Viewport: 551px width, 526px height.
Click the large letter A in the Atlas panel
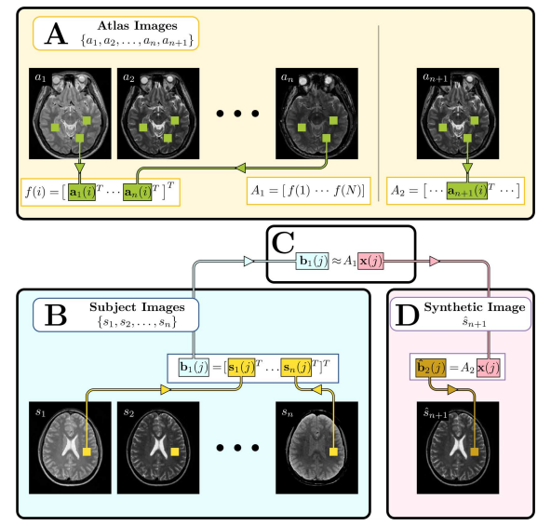[x=56, y=34]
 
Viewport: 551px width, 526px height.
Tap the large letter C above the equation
[x=283, y=242]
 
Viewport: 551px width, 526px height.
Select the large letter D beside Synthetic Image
[x=408, y=315]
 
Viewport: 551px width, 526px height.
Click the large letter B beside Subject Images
[x=56, y=315]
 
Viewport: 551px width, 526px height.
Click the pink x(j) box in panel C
[x=370, y=262]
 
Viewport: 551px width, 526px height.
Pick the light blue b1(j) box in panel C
[x=313, y=262]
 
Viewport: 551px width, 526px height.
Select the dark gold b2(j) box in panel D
[x=431, y=368]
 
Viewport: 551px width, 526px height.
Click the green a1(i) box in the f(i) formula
[x=82, y=192]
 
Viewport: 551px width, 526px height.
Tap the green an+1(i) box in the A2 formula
[x=467, y=191]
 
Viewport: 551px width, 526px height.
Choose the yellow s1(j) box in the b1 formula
[x=241, y=368]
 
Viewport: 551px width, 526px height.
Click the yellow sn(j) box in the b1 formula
[x=296, y=368]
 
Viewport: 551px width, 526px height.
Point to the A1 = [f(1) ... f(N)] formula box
[x=308, y=191]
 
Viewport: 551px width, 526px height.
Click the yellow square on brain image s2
[x=175, y=452]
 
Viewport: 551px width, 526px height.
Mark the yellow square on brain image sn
[x=333, y=452]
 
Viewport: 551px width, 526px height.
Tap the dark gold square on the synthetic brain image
[x=475, y=452]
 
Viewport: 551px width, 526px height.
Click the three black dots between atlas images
[x=237, y=114]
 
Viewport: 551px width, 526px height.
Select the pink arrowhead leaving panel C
[x=435, y=262]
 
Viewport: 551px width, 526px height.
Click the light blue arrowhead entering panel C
[x=249, y=262]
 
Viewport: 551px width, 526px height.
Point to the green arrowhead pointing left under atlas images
[x=240, y=169]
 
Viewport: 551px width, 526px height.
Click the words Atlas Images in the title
[x=138, y=26]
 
